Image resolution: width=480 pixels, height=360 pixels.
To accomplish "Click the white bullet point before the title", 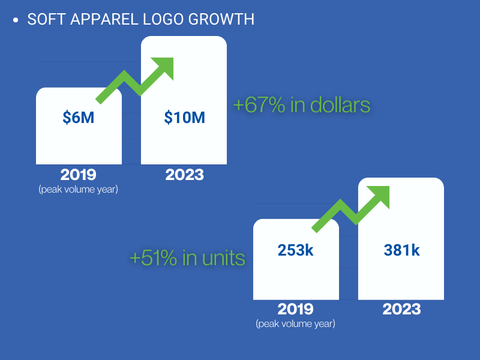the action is (16, 20).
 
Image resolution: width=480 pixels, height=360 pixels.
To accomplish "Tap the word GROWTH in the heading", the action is (221, 19).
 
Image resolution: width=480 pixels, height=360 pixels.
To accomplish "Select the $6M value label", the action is (79, 118).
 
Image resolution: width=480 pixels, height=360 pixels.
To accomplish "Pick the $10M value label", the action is (184, 118).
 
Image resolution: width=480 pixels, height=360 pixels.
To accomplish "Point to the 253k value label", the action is (295, 250).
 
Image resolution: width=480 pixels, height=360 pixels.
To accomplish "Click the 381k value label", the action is (401, 250).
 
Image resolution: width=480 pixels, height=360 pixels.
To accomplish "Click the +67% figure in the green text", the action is (259, 104).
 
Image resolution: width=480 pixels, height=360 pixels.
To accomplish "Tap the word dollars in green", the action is (340, 104).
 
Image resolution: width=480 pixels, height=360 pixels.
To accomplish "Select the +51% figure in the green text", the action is (154, 258).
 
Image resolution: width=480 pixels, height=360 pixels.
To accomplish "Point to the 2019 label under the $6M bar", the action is (79, 175).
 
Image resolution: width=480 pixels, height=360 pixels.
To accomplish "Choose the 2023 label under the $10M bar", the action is (185, 175).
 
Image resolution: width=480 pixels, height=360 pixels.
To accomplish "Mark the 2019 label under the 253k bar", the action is (295, 309).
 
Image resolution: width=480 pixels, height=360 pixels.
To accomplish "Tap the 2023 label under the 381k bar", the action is (401, 309).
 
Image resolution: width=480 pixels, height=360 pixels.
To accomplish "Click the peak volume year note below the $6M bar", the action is (79, 190).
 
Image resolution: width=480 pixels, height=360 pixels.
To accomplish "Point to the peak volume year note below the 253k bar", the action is (295, 324).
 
